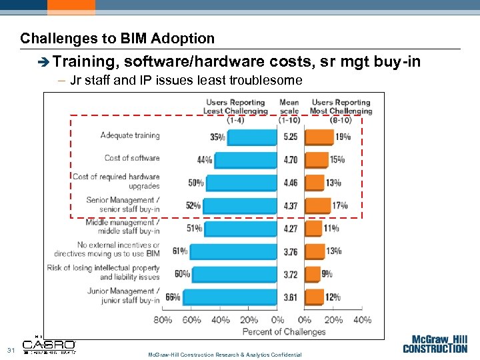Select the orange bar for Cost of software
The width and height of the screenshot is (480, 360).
(316, 160)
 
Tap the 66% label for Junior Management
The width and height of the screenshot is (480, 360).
(172, 297)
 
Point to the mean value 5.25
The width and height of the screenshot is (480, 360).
(290, 137)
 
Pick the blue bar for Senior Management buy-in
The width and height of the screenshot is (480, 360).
(239, 205)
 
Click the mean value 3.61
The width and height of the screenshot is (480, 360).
(290, 297)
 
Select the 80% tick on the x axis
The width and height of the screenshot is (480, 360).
(163, 320)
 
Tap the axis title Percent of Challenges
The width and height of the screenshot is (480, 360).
(284, 331)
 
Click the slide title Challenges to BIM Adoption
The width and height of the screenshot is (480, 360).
(117, 39)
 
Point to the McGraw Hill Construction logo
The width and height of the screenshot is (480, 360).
(435, 343)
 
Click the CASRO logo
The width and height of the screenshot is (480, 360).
(49, 346)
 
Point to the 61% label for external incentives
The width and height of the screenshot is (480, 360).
(179, 251)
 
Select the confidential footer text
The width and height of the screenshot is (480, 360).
(225, 355)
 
